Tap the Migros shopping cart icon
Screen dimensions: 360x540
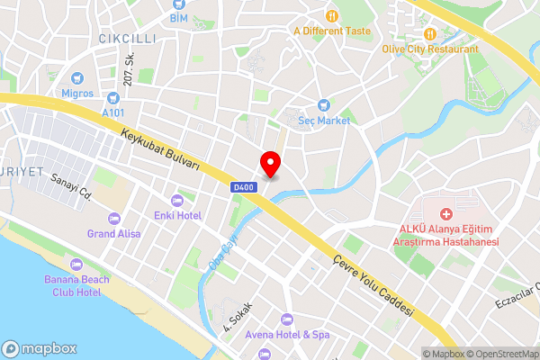tap(76, 78)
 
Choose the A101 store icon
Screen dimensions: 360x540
tap(113, 97)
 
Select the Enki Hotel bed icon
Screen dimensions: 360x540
tap(176, 200)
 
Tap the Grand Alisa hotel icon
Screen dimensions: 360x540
tap(113, 219)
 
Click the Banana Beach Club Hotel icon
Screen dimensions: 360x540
tap(76, 264)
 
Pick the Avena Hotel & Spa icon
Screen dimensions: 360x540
tap(286, 319)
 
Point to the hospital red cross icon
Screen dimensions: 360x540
tap(445, 213)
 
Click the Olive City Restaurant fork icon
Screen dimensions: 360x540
tap(429, 34)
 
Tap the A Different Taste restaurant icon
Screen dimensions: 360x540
tap(331, 14)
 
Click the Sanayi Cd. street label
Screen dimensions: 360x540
tap(72, 186)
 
